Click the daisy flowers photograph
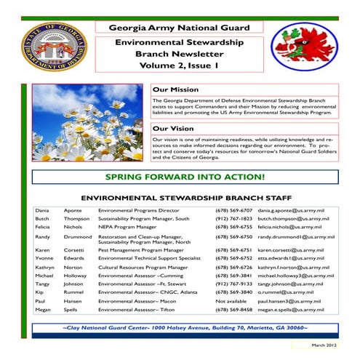click(87, 122)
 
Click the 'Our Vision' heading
click(172, 129)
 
